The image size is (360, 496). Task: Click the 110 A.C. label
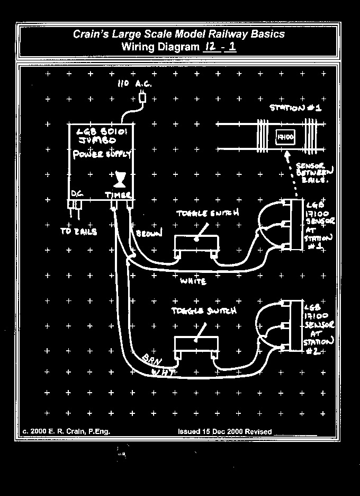click(x=134, y=85)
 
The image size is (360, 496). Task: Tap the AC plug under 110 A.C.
click(x=142, y=98)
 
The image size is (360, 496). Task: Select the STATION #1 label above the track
click(x=295, y=108)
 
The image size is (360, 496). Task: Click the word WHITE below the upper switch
click(x=193, y=281)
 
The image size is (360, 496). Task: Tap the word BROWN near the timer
click(x=150, y=234)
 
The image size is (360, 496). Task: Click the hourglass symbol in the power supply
click(x=121, y=179)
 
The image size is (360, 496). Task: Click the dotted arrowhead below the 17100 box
click(x=287, y=156)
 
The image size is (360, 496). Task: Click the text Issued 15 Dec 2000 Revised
click(x=225, y=431)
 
